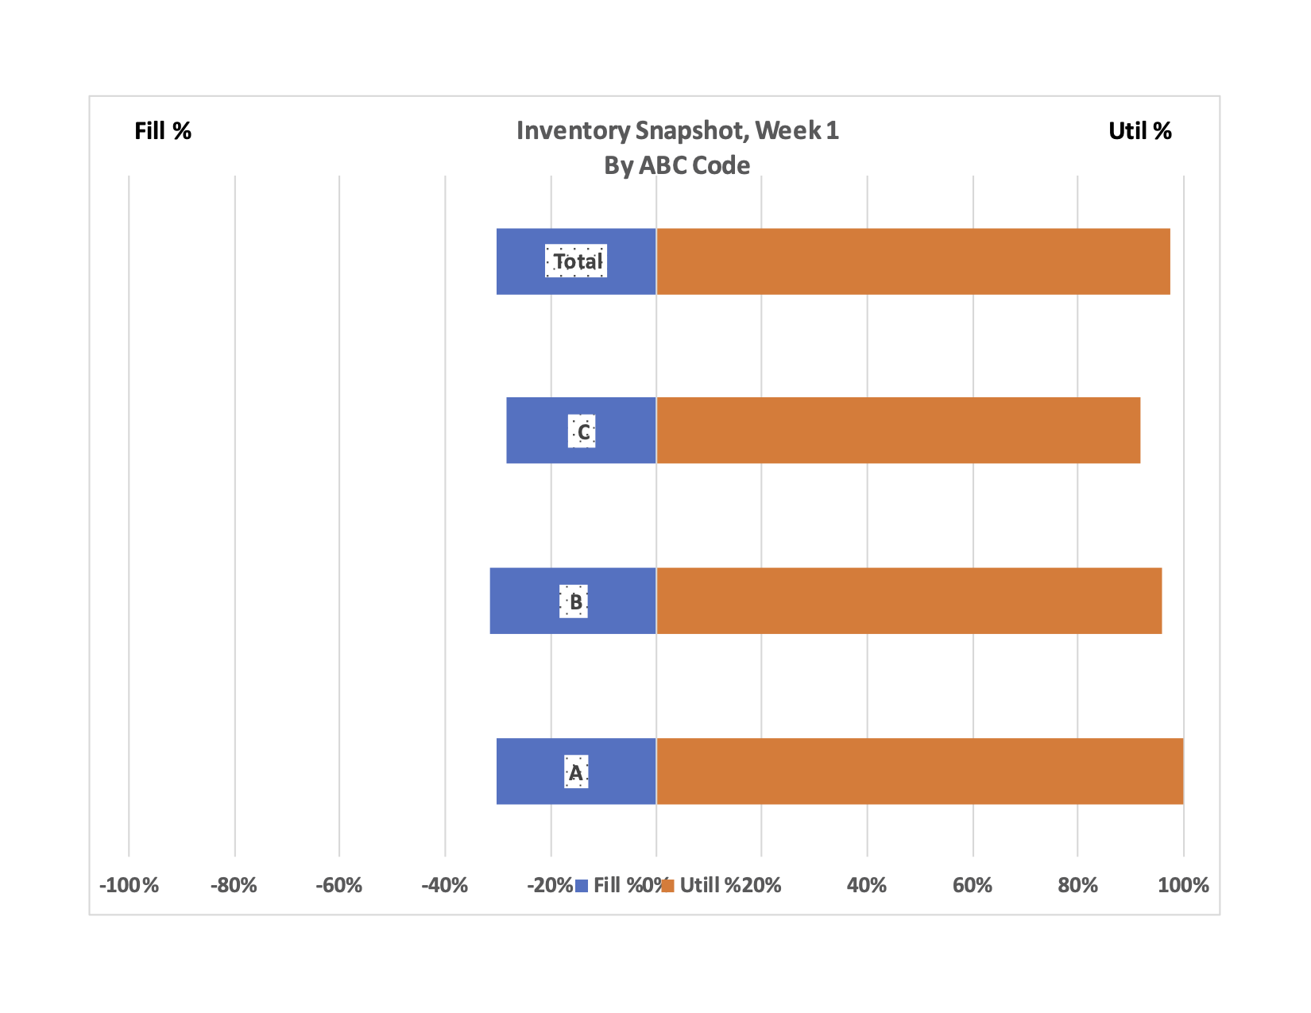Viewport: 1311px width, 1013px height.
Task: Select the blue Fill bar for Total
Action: (520, 261)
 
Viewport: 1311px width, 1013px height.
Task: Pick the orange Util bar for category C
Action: (898, 430)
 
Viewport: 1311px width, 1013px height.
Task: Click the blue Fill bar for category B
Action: (524, 601)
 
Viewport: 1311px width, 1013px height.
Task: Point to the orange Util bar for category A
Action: (919, 771)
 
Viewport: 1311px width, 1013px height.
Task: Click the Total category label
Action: (577, 261)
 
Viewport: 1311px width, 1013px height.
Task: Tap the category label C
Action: (583, 432)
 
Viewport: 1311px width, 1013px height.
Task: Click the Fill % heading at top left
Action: (163, 131)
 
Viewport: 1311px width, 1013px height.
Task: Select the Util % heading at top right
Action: (1139, 131)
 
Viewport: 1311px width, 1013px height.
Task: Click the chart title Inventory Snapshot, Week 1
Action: (677, 130)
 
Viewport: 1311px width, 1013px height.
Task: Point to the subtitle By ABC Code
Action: (677, 165)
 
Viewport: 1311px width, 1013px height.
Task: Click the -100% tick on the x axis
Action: (129, 885)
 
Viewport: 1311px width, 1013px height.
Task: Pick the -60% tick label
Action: (339, 885)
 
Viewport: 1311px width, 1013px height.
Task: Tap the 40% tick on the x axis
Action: (867, 885)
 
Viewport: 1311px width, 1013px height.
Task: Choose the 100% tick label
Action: (1183, 885)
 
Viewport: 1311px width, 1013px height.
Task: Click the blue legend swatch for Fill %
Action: (582, 885)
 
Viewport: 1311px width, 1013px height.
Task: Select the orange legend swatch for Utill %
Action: (667, 885)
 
